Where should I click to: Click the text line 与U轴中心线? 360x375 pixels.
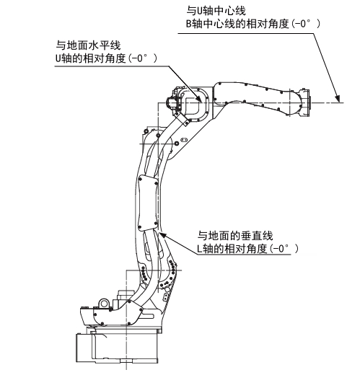tap(216, 11)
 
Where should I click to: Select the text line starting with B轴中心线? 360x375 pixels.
tap(253, 24)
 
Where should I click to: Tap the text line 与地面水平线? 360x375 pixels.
tap(88, 45)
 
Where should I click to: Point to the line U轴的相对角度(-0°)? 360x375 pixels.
tap(106, 58)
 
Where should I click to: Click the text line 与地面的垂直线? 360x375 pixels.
tap(235, 236)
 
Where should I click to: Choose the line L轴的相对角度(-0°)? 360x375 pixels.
tap(247, 249)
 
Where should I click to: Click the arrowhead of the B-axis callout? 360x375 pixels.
tap(338, 99)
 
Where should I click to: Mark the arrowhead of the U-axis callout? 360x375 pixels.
tap(198, 98)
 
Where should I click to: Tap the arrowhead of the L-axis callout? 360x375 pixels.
tap(162, 234)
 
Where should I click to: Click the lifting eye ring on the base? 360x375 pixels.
tap(104, 303)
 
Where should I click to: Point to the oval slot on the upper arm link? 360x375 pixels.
tap(184, 139)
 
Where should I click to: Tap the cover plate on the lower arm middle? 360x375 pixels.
tap(148, 203)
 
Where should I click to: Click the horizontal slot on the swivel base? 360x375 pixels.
tap(148, 315)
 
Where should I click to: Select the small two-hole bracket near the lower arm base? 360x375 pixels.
tap(166, 296)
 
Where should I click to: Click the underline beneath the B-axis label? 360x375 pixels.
tap(246, 33)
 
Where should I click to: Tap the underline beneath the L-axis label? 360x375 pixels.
tap(242, 254)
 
